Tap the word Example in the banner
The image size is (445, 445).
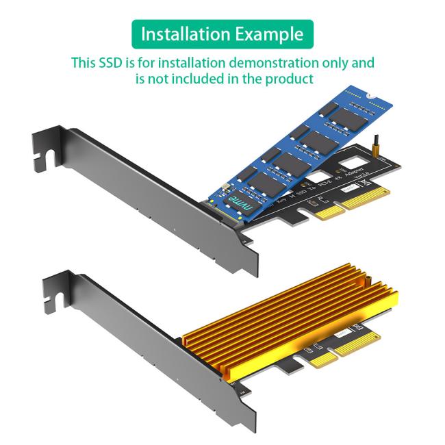tap(269, 34)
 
